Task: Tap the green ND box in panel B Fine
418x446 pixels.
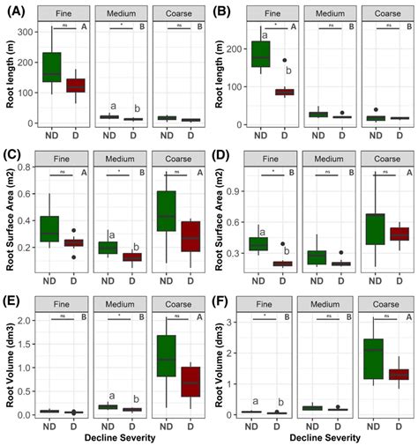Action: [260, 54]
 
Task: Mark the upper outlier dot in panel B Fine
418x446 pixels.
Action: [285, 61]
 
